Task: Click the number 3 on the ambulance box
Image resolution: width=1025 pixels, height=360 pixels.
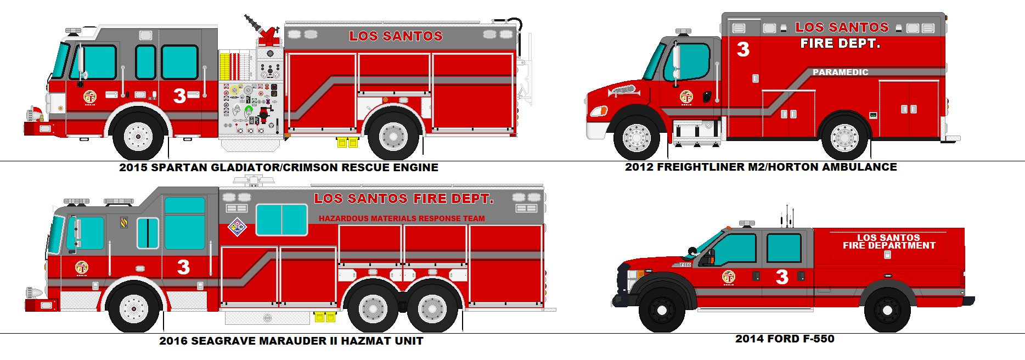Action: point(743,49)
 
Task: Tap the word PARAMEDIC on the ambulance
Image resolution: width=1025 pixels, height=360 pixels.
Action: point(840,72)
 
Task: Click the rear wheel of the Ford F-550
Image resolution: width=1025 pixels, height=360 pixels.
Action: point(887,310)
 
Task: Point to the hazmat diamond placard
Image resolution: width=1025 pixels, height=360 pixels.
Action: point(237,227)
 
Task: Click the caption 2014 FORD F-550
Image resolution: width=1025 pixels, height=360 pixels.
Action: point(784,339)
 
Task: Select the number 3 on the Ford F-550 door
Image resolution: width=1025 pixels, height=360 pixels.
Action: point(782,277)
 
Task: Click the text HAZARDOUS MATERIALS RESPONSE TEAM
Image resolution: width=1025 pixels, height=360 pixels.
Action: point(402,218)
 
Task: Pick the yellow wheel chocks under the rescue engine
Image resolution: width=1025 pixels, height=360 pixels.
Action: point(347,143)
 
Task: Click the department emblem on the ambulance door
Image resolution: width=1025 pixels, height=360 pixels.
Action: point(686,97)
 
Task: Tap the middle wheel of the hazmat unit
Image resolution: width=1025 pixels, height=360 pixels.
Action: point(373,308)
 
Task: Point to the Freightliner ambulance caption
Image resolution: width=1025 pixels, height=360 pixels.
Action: point(761,167)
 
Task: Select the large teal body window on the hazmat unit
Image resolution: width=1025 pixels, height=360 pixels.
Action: point(281,220)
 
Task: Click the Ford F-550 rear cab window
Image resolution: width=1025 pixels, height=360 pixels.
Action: point(784,248)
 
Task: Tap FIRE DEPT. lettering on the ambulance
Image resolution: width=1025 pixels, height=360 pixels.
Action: point(840,43)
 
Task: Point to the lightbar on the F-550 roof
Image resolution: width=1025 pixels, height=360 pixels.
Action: point(747,223)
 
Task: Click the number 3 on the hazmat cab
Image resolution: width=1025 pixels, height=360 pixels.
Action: point(183,267)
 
